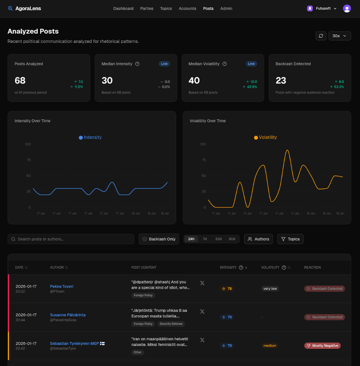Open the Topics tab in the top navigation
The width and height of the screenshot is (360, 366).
(x=166, y=9)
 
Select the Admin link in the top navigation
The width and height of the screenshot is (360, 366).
(x=226, y=9)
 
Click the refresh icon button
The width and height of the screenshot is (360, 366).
(x=321, y=36)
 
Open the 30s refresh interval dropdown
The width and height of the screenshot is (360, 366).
(x=340, y=36)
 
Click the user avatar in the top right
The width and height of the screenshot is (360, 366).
(x=347, y=9)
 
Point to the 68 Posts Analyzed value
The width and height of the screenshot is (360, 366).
(x=20, y=80)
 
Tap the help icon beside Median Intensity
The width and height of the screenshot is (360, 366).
(x=137, y=64)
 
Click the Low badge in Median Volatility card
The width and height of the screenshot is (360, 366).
(x=251, y=64)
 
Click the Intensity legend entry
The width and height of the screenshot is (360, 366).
(x=90, y=137)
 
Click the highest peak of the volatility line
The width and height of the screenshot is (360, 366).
(x=287, y=150)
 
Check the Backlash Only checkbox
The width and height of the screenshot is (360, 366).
(x=145, y=239)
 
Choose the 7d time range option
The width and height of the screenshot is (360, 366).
(x=205, y=239)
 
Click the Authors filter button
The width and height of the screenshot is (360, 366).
(x=258, y=239)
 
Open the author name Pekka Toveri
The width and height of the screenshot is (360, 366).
(x=62, y=286)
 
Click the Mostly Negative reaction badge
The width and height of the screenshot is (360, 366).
(x=322, y=346)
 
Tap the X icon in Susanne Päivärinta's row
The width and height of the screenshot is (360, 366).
(x=202, y=311)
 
